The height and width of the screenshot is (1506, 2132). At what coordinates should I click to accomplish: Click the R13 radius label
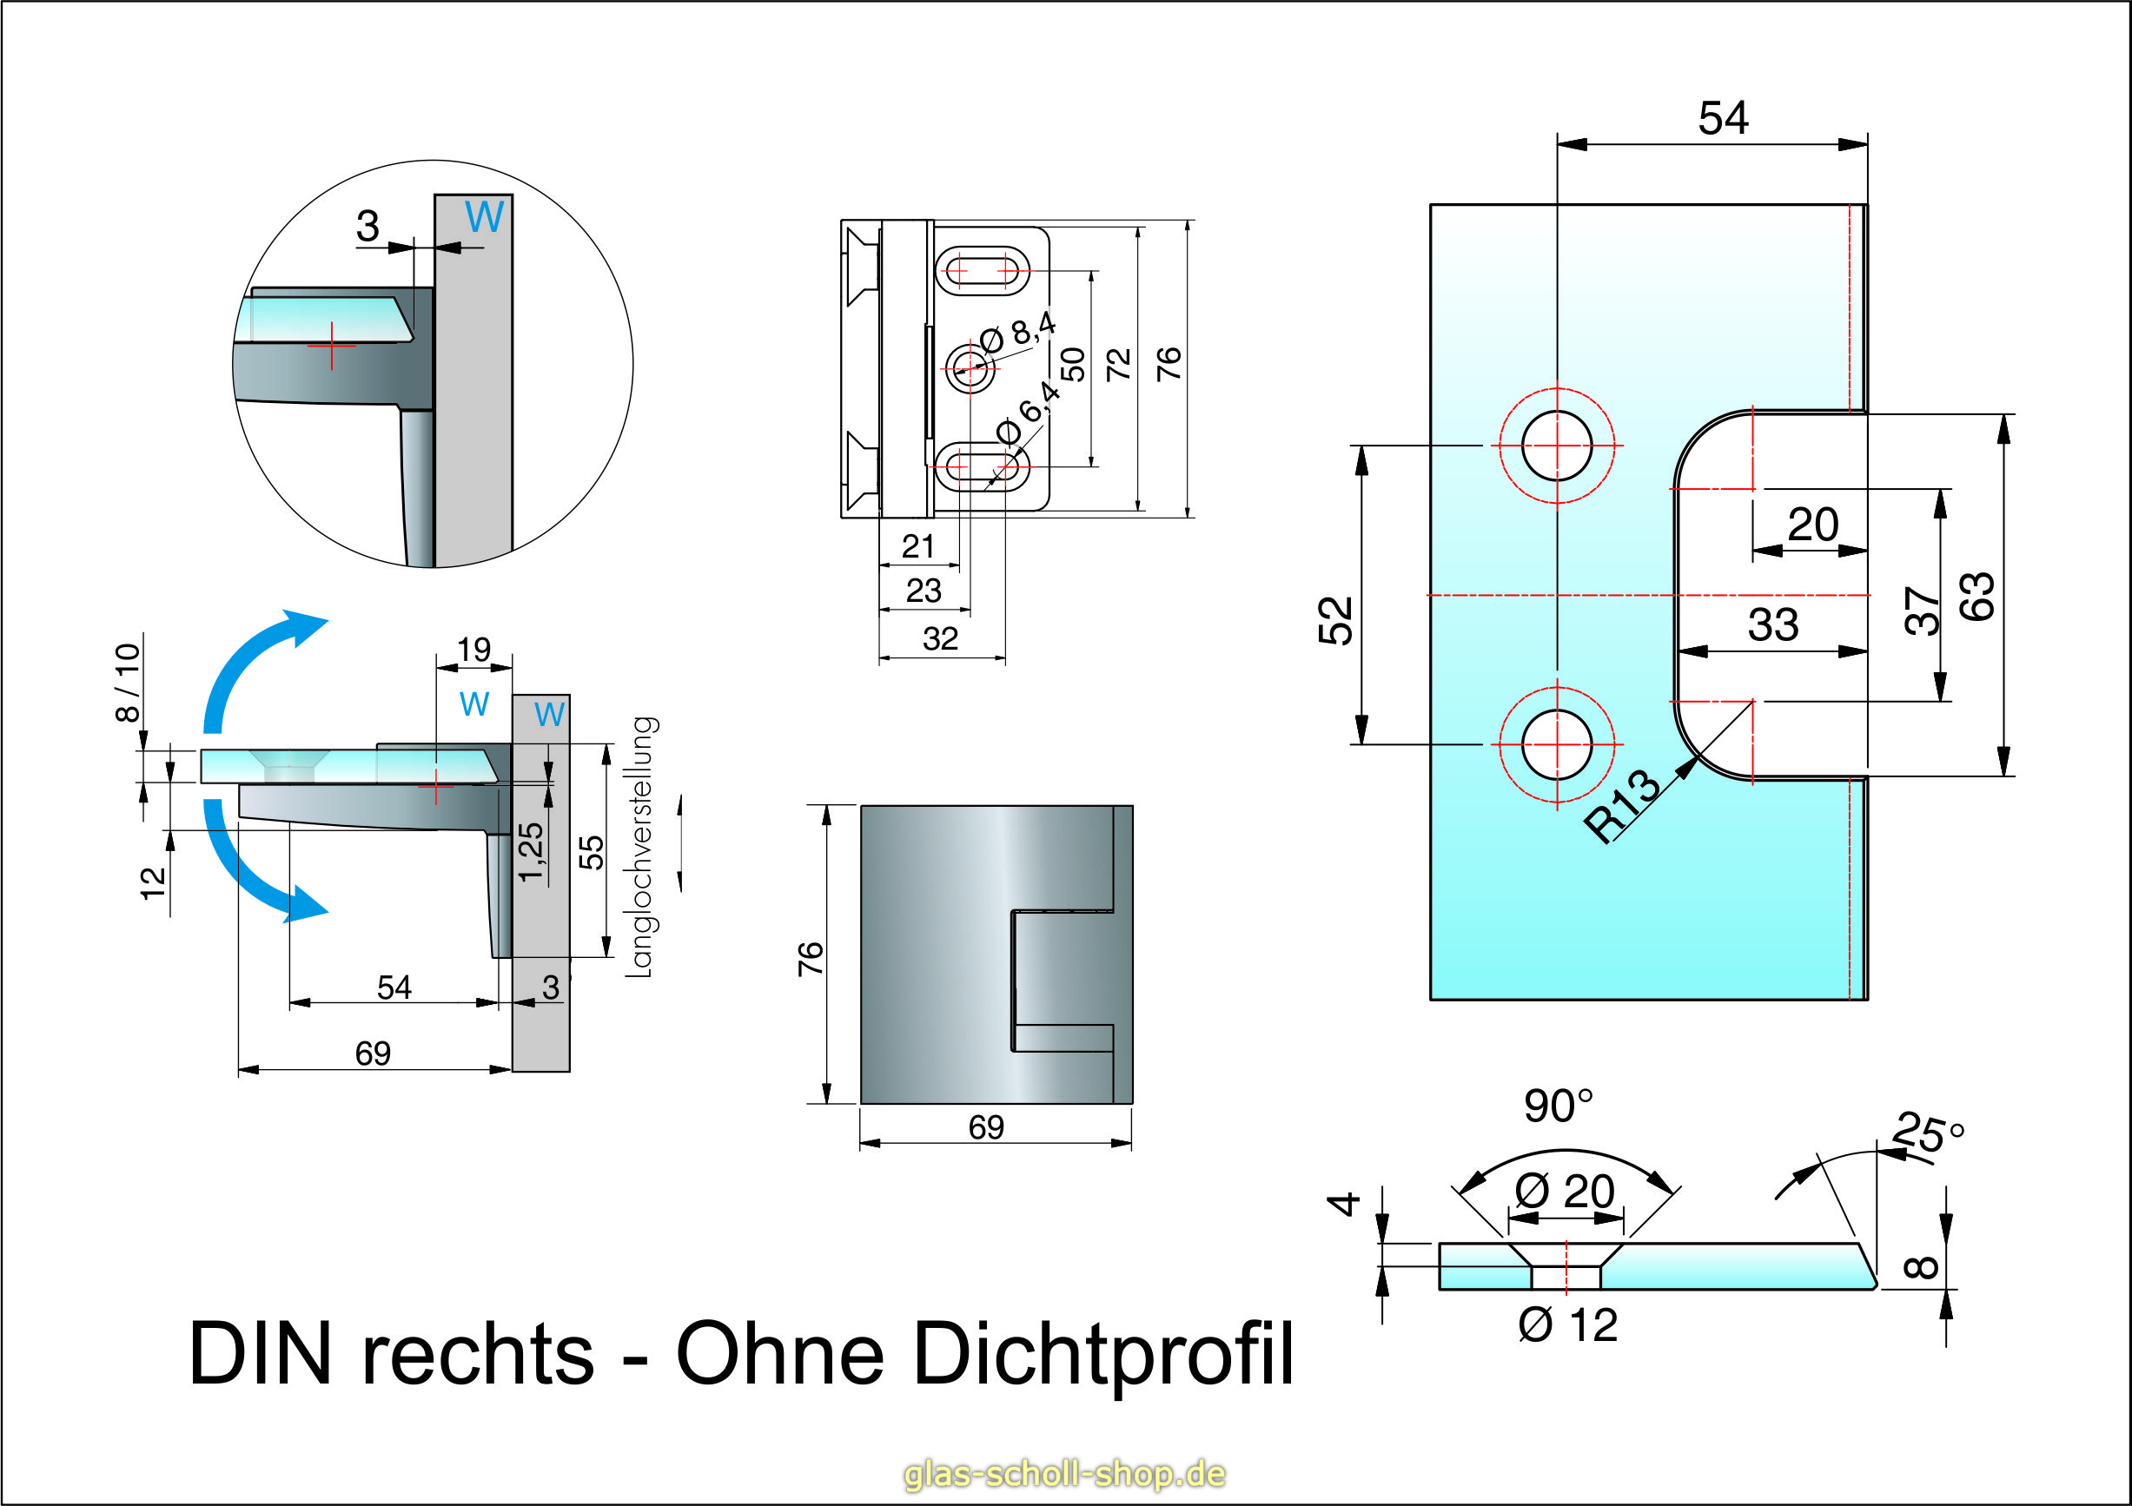pyautogui.click(x=1621, y=806)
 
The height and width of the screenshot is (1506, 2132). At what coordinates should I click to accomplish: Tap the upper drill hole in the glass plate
pyautogui.click(x=1557, y=446)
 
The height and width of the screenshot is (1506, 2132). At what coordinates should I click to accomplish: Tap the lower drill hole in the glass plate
pyautogui.click(x=1557, y=744)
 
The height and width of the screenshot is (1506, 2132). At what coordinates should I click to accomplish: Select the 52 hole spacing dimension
pyautogui.click(x=1335, y=620)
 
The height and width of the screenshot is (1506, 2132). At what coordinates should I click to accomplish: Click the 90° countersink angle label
pyautogui.click(x=1558, y=1106)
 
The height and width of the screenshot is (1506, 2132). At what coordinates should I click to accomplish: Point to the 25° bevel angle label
pyautogui.click(x=1928, y=1133)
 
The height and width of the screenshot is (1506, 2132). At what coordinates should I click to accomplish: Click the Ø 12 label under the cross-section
pyautogui.click(x=1567, y=1326)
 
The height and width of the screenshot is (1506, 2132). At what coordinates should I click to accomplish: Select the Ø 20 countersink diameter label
pyautogui.click(x=1565, y=1192)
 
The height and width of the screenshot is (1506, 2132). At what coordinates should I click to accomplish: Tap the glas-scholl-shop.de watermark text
pyautogui.click(x=1064, y=1474)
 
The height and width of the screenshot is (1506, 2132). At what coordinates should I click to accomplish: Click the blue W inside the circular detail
pyautogui.click(x=484, y=217)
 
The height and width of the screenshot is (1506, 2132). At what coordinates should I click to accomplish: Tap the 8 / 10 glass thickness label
pyautogui.click(x=127, y=682)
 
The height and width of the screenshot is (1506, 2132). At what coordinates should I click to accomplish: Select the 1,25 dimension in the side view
pyautogui.click(x=530, y=851)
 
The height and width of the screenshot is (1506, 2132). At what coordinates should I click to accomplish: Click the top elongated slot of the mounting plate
pyautogui.click(x=982, y=270)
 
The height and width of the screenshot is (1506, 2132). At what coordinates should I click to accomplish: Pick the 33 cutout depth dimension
pyautogui.click(x=1772, y=624)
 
